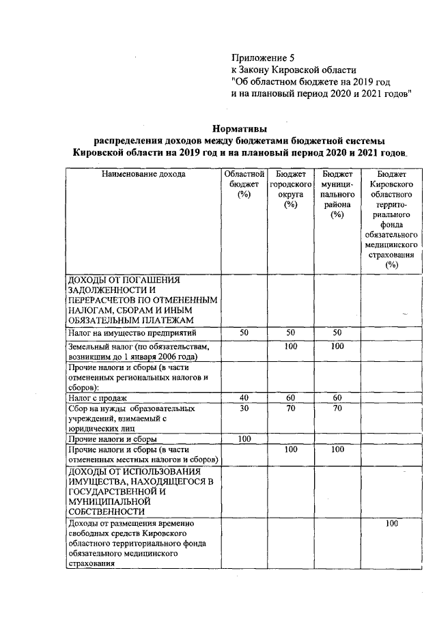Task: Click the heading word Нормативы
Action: tap(239, 128)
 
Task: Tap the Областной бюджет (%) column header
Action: tap(244, 184)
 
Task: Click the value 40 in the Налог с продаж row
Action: tap(244, 397)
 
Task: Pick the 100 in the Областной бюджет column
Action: tap(244, 439)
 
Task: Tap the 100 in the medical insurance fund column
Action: tap(391, 524)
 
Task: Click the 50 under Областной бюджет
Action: tap(244, 333)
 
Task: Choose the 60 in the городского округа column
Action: tap(290, 397)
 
